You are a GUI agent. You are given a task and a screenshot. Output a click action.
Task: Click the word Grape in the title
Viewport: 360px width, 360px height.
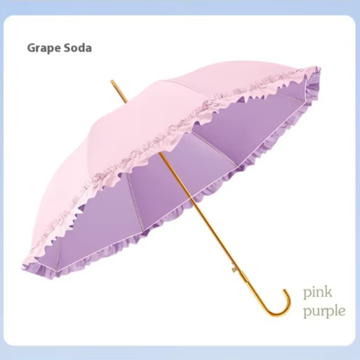coord(44,48)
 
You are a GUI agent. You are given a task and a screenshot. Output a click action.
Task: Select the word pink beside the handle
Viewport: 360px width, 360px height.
coord(318,292)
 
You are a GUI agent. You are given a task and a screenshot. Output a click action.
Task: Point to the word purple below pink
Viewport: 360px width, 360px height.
coord(324,311)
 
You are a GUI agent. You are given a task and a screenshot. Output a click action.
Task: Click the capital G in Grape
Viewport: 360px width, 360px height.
coord(31,48)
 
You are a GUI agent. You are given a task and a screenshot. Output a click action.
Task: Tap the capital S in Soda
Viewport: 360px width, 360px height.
coord(67,48)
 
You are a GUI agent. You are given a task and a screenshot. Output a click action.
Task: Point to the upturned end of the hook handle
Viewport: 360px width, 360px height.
coord(285,292)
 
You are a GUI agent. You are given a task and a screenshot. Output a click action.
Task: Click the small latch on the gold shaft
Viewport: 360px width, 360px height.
coord(234,268)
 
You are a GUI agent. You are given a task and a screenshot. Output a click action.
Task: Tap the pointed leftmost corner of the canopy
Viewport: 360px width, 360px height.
coord(22,267)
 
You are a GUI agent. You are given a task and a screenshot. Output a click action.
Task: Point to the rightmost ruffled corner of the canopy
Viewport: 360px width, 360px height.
coord(319,69)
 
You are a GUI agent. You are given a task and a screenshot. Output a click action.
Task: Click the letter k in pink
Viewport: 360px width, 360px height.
coord(328,292)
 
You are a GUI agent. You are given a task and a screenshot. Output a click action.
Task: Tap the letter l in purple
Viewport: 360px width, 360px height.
coord(336,310)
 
